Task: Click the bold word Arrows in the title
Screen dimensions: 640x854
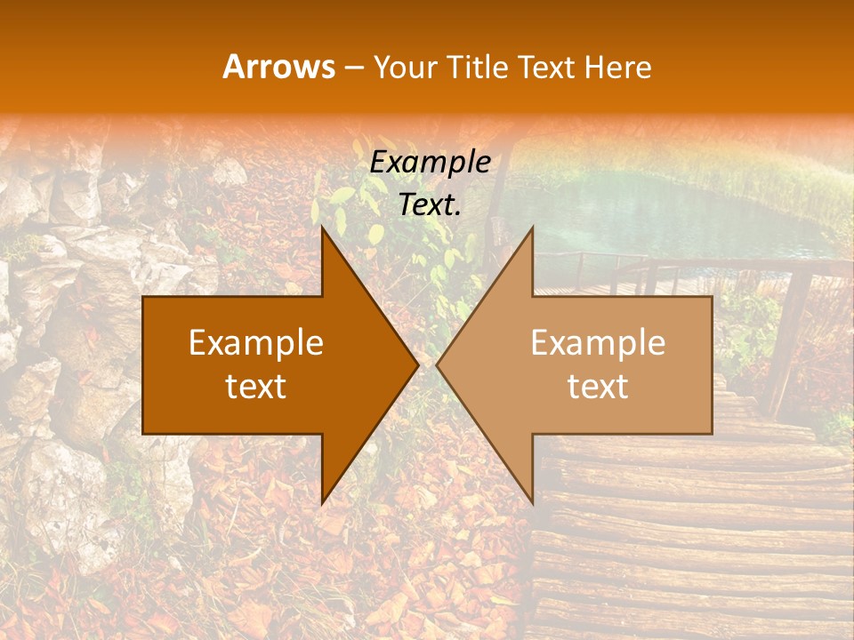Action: [x=278, y=67]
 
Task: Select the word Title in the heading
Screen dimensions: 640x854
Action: [x=478, y=68]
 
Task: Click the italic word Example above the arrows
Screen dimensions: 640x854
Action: [x=430, y=163]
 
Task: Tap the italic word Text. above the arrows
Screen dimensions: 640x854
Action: [x=430, y=204]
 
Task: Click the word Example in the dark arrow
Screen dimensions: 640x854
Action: [x=255, y=343]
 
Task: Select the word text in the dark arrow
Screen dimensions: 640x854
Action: [x=255, y=386]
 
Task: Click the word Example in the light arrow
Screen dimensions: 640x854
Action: [x=598, y=343]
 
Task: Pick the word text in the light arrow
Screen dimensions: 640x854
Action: [x=598, y=386]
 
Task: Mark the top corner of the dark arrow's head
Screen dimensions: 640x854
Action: [x=323, y=229]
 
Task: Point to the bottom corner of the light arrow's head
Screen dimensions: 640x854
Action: [x=532, y=500]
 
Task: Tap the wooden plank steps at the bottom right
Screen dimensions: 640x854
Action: [x=694, y=533]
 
